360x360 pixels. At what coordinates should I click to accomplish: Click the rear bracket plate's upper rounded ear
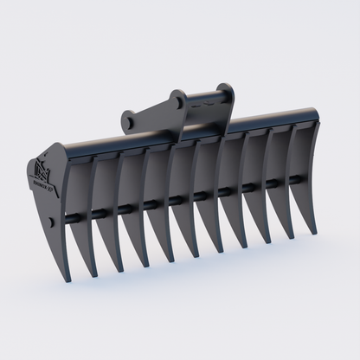(227, 89)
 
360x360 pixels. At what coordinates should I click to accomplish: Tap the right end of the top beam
(305, 113)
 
